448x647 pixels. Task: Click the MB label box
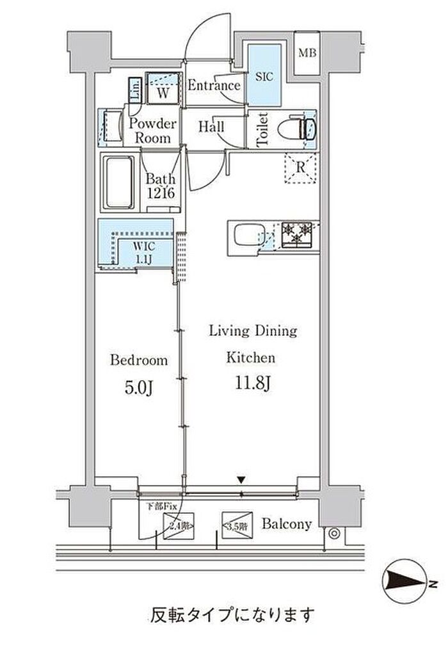coord(308,53)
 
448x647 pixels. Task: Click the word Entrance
coord(214,86)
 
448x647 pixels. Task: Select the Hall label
coord(211,127)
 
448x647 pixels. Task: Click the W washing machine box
coord(164,92)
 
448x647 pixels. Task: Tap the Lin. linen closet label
coord(136,90)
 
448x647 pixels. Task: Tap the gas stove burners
coord(294,233)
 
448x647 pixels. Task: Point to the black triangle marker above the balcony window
coord(241,479)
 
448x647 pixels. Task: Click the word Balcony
coord(287,524)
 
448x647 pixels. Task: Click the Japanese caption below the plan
coord(232,616)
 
